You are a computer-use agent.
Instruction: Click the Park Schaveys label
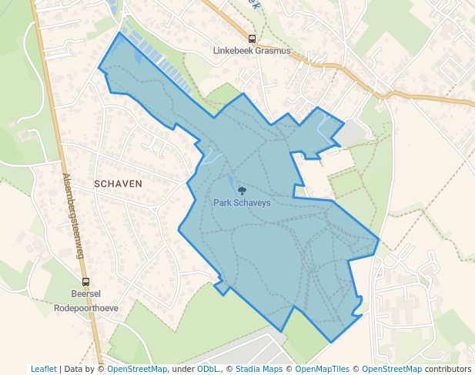242,203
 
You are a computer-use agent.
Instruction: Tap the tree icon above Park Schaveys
242,191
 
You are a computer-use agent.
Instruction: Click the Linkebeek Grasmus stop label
252,51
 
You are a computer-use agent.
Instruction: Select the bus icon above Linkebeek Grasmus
252,39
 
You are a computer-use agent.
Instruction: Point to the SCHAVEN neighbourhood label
118,184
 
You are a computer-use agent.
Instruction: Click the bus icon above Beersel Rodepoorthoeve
85,282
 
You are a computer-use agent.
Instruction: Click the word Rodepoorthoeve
86,306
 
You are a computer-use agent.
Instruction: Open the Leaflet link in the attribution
43,369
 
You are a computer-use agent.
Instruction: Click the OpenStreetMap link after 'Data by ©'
136,369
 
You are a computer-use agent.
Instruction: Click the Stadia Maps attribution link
259,369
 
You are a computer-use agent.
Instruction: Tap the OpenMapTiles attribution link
319,369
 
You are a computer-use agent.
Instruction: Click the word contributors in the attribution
448,369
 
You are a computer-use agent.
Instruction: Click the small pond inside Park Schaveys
231,182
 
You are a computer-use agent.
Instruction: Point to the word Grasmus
273,51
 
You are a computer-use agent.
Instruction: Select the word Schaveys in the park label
253,203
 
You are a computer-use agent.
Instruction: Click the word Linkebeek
233,51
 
